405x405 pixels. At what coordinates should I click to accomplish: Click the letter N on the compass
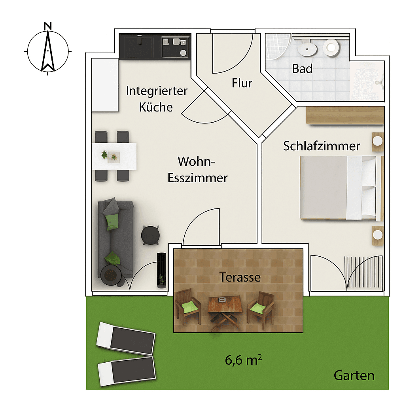tap(48, 26)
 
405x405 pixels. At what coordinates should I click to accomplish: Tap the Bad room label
tap(302, 69)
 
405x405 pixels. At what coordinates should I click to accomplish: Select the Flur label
tap(242, 83)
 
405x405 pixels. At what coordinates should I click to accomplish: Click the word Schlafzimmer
tap(322, 146)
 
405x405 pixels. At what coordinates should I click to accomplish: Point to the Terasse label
tap(240, 277)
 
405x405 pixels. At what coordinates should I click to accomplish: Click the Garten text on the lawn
tap(354, 375)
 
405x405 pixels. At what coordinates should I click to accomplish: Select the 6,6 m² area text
tap(244, 360)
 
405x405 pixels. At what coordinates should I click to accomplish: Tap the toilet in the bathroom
tap(331, 47)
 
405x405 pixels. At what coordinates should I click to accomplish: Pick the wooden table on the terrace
tap(225, 307)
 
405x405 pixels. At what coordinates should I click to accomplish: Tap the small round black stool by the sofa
tap(151, 235)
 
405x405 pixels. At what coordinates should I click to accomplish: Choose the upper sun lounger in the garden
tap(126, 338)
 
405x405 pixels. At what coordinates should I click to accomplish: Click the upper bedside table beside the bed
tap(378, 141)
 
